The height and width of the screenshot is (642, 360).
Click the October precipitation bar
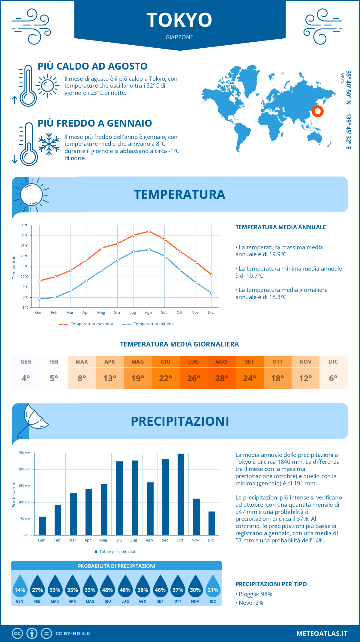(181, 494)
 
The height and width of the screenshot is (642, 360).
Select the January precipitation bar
(43, 526)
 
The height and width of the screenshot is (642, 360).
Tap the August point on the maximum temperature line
(149, 231)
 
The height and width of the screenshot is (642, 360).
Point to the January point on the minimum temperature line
(40, 299)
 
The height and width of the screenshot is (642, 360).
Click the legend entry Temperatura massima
(86, 324)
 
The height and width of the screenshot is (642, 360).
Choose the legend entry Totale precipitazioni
(116, 552)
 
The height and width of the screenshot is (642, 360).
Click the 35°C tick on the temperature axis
(25, 225)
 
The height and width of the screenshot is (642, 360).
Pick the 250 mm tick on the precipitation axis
(25, 453)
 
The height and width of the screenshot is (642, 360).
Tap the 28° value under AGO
(222, 378)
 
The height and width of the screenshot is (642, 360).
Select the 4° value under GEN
(26, 378)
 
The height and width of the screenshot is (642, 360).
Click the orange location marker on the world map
(317, 111)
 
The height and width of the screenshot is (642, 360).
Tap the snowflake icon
(49, 144)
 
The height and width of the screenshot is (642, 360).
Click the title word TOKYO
(179, 20)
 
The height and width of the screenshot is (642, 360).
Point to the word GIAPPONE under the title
(179, 37)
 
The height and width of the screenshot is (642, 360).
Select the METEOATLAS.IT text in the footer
(322, 633)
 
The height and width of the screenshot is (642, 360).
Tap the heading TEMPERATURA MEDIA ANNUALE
(280, 227)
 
